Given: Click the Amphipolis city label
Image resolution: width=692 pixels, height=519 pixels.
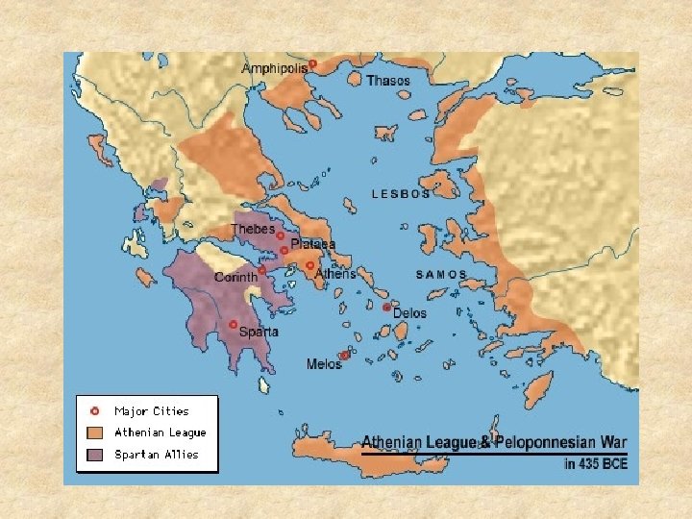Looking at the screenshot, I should (275, 68).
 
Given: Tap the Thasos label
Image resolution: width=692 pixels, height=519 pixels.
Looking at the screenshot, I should (388, 81).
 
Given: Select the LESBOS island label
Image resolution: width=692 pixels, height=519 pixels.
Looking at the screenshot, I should (401, 194).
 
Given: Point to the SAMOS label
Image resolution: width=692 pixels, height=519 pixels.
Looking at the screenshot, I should (441, 274).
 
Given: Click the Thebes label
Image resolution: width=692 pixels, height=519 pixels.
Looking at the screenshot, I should (253, 230).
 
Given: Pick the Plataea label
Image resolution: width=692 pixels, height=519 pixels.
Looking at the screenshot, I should (313, 244).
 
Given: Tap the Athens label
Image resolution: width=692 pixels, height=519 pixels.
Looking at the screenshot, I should (335, 273).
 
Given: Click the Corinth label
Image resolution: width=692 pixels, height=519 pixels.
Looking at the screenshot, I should (235, 277).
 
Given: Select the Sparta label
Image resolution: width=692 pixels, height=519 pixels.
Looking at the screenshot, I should (259, 332).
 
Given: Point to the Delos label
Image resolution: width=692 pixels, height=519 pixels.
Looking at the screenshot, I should (409, 312).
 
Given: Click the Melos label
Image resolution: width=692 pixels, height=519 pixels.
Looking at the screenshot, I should (323, 364).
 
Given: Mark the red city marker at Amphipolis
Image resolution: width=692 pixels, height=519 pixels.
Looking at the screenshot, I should (312, 63).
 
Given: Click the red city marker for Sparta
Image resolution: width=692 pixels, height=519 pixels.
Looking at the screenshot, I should (233, 325).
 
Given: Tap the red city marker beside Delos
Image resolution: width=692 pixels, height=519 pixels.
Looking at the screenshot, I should (386, 308).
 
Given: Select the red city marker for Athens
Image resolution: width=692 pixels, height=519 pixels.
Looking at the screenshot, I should (309, 265).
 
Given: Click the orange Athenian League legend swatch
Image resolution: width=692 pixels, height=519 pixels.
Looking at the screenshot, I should (94, 432).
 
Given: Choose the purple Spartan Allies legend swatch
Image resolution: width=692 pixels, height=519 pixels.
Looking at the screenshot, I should (94, 455).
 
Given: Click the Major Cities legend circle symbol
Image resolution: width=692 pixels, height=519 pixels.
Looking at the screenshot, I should (94, 410).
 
